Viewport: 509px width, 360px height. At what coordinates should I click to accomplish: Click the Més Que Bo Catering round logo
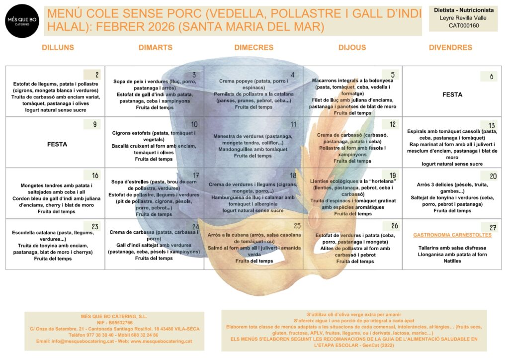(22, 21)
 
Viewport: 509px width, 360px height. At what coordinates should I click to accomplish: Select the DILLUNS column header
(58, 48)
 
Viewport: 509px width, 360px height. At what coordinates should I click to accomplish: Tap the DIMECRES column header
(254, 48)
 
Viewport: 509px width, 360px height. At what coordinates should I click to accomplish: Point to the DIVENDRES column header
(450, 48)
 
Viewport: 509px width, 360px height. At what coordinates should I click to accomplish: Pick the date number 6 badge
(489, 76)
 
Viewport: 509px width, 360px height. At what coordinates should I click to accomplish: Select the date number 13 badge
(489, 125)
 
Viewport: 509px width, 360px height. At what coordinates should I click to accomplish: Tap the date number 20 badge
(489, 176)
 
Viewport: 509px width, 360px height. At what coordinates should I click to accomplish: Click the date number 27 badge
(489, 227)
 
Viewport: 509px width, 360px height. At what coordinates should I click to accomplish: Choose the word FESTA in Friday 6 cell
(452, 94)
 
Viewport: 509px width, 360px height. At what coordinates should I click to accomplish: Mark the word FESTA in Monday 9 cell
(57, 144)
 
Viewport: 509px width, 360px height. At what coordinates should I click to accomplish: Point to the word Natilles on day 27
(452, 261)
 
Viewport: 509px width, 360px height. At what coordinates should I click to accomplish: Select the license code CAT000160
(463, 25)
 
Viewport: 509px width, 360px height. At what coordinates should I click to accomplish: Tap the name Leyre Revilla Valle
(463, 17)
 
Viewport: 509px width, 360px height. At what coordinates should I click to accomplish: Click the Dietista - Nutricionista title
(463, 9)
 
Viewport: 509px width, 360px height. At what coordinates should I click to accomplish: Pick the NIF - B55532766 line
(114, 323)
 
